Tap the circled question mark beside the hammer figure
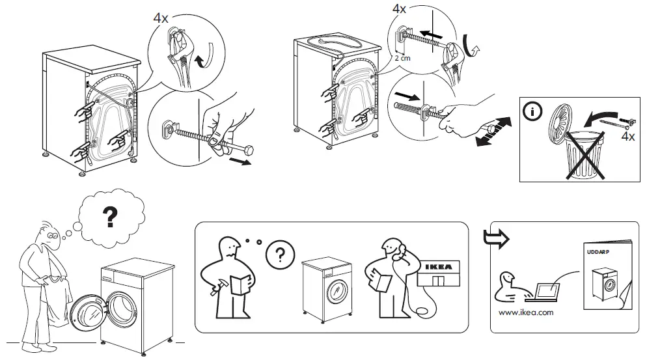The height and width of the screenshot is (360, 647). click(281, 253)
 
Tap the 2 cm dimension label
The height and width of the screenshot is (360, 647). click(404, 58)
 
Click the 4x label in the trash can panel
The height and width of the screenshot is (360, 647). click(627, 137)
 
